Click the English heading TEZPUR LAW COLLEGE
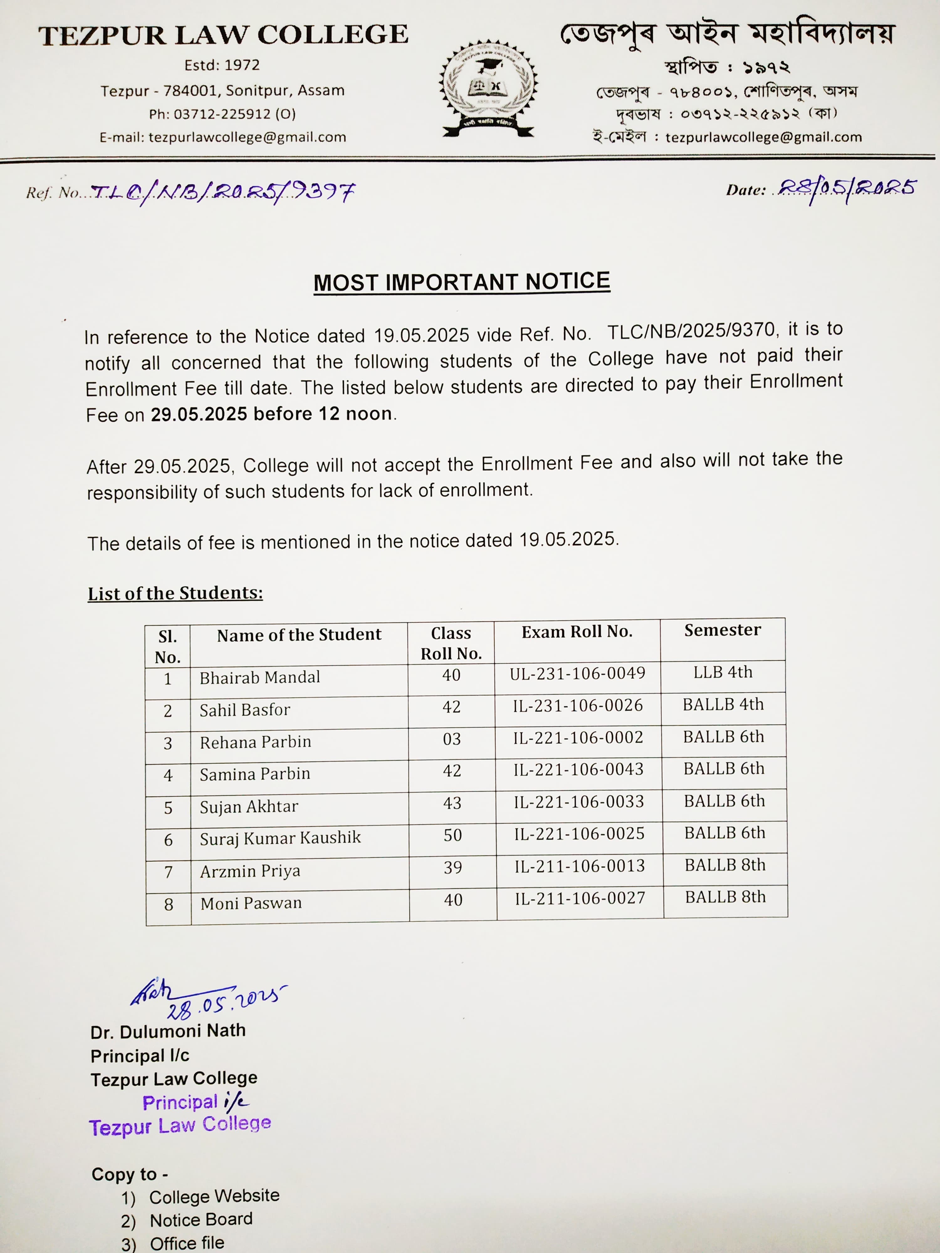(x=223, y=35)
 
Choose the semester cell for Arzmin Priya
(x=725, y=865)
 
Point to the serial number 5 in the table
(x=168, y=808)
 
